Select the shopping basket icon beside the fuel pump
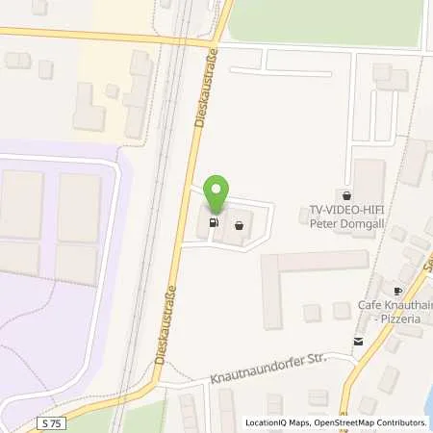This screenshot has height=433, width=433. (x=238, y=227)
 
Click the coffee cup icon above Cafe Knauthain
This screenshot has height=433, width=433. (x=397, y=291)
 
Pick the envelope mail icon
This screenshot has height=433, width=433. (x=358, y=341)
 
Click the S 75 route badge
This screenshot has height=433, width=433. (x=54, y=422)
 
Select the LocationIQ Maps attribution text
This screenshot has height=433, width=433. (x=276, y=422)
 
